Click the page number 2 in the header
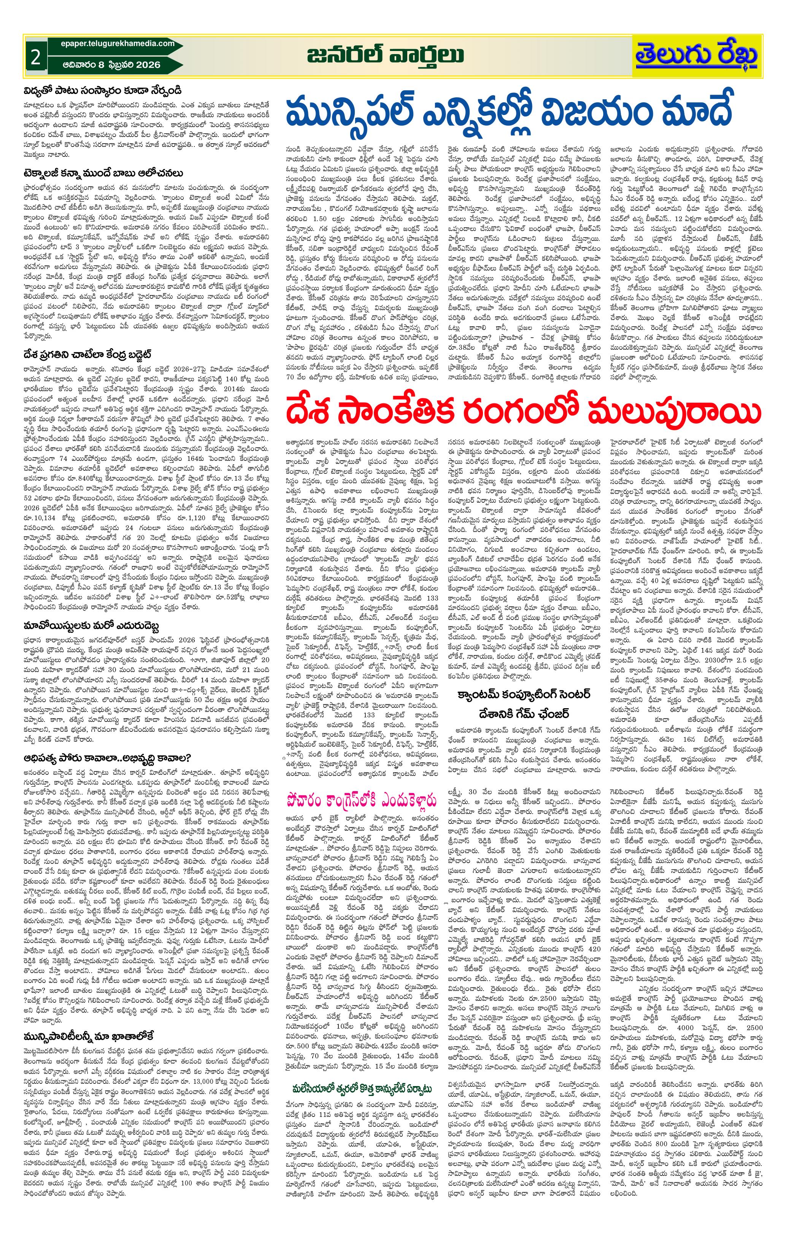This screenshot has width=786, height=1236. (x=35, y=57)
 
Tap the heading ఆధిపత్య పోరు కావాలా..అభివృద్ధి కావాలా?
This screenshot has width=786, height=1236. (x=107, y=758)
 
